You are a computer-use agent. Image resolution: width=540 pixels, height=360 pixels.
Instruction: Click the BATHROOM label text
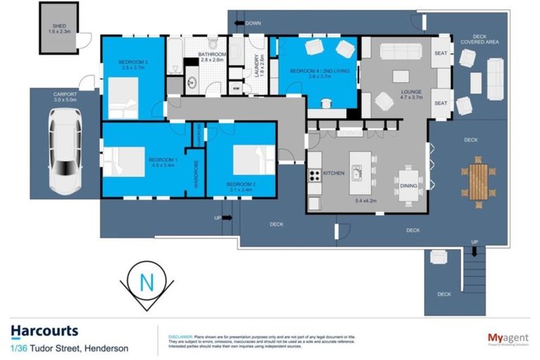pyautogui.click(x=212, y=56)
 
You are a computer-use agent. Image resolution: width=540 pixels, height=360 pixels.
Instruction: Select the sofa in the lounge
pyautogui.click(x=400, y=52)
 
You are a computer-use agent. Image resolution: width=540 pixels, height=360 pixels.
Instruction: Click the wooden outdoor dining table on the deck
pyautogui.click(x=478, y=181)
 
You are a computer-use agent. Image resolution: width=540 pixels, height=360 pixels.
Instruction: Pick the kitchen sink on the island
pyautogui.click(x=357, y=172)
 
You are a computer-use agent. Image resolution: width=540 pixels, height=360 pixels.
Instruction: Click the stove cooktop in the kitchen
pyautogui.click(x=314, y=174)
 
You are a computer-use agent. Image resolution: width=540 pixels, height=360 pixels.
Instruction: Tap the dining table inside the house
pyautogui.click(x=408, y=184)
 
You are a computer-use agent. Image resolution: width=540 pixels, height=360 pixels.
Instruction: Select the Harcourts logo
pyautogui.click(x=44, y=331)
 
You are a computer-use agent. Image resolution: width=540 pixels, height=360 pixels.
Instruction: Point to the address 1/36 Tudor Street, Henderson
pyautogui.click(x=70, y=347)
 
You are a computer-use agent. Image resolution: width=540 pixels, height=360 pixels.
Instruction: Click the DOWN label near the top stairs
pyautogui.click(x=253, y=23)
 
